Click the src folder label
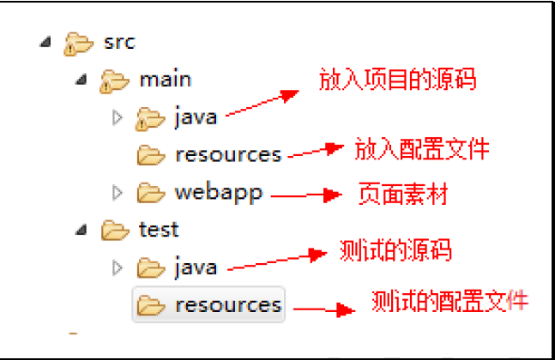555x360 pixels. pyautogui.click(x=118, y=41)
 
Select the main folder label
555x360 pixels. pyautogui.click(x=165, y=80)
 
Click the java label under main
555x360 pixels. pyautogui.click(x=196, y=117)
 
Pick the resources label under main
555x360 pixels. pyautogui.click(x=228, y=155)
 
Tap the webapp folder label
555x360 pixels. pyautogui.click(x=219, y=192)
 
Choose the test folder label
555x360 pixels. pyautogui.click(x=159, y=230)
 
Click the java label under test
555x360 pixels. pyautogui.click(x=196, y=267)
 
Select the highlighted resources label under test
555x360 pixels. pyautogui.click(x=228, y=304)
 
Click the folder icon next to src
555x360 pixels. pyautogui.click(x=78, y=42)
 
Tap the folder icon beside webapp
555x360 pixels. pyautogui.click(x=151, y=193)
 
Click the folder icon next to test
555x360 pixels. pyautogui.click(x=114, y=231)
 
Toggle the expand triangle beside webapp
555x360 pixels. pyautogui.click(x=118, y=193)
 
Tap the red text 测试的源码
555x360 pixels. pyautogui.click(x=395, y=250)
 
